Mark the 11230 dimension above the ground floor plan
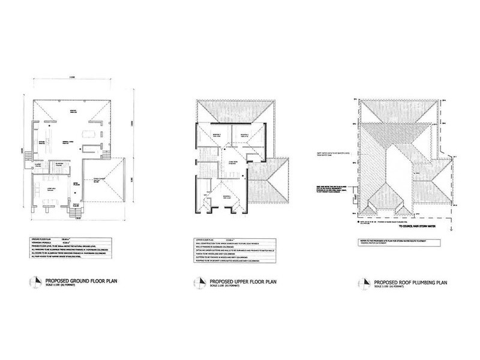pyautogui.click(x=71, y=77)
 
